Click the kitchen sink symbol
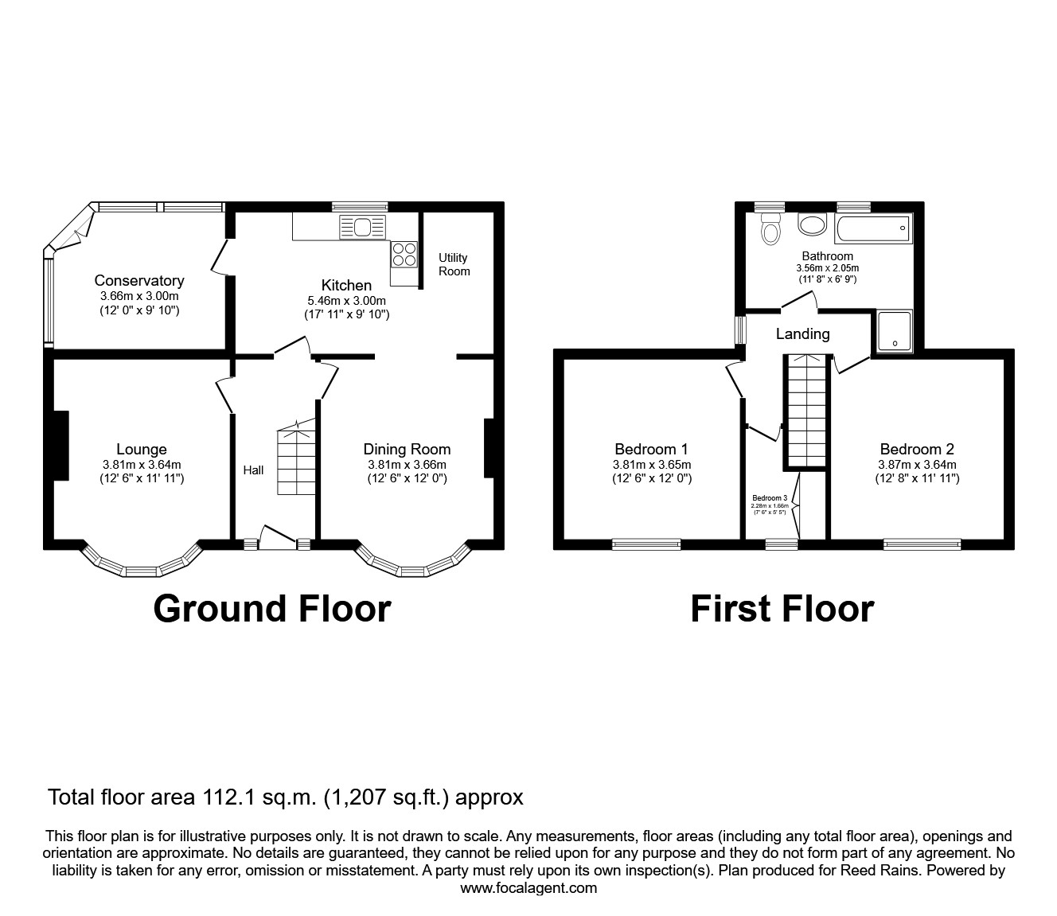pos(362,228)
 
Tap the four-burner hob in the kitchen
pos(404,253)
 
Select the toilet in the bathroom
pos(770,229)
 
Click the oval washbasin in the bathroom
pos(813,225)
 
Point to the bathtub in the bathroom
pos(873,228)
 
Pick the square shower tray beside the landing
pos(895,331)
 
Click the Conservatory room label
pos(139,281)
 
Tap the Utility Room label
pos(454,264)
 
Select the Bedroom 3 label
pos(769,498)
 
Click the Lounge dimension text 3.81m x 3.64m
pos(142,465)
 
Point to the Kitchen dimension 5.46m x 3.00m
pos(346,301)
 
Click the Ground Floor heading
pos(271,609)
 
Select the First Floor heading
pos(782,609)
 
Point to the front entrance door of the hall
pos(278,540)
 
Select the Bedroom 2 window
pos(922,544)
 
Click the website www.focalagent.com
pos(528,888)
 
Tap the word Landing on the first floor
pos(802,334)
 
